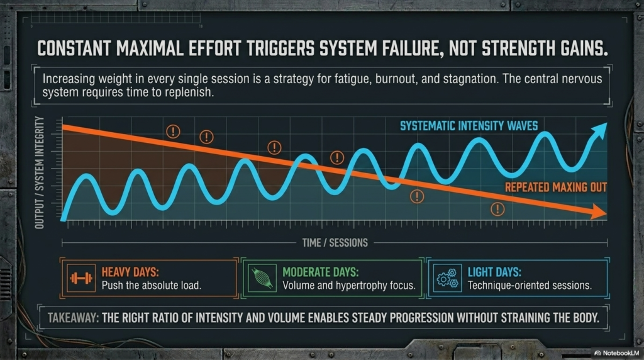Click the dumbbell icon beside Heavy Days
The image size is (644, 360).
pos(79,278)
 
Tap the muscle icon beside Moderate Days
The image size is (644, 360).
pos(260,278)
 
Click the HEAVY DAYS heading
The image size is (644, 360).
pos(130,272)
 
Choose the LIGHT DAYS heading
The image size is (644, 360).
pos(494,272)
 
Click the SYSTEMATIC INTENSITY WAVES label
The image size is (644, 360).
pos(469,126)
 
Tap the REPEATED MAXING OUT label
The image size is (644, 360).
pos(556,188)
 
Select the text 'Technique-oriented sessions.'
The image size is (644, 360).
pos(530,286)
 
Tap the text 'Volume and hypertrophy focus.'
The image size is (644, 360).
pos(349,286)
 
